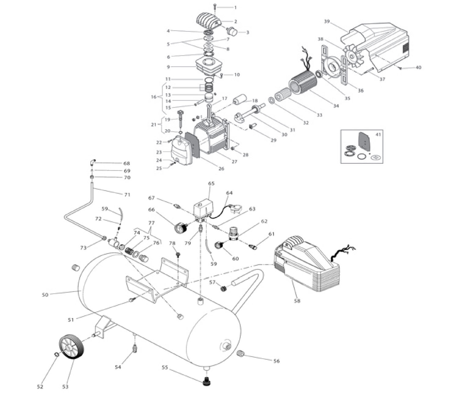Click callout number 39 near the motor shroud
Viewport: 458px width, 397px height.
click(327, 21)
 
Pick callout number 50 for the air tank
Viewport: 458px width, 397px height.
click(45, 295)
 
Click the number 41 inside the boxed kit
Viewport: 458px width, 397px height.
click(378, 134)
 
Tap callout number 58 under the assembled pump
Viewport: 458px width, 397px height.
click(297, 301)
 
